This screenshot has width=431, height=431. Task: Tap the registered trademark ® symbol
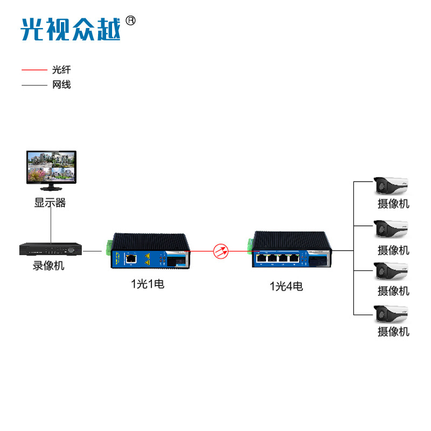130,20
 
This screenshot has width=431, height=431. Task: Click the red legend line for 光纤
34,70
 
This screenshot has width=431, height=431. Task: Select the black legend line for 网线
34,85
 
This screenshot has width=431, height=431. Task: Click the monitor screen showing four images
51,167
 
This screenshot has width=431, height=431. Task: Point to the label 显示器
50,203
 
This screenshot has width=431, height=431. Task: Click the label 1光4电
286,286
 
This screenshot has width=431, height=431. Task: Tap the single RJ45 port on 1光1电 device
131,259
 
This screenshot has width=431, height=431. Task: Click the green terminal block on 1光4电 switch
250,246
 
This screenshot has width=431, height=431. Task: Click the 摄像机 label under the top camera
393,204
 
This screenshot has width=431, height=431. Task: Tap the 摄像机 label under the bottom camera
393,332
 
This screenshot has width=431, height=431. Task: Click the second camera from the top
392,228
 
